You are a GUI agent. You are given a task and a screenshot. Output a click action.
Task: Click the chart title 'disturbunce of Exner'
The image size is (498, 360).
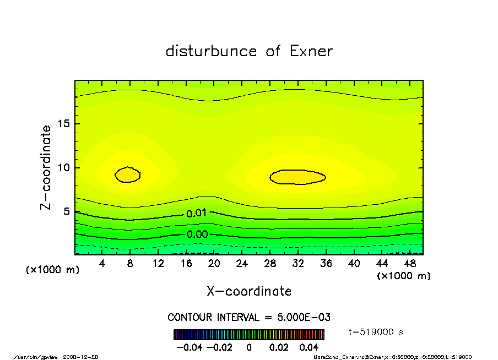[249, 51]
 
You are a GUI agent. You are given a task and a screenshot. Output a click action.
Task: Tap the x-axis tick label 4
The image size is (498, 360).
[102, 264]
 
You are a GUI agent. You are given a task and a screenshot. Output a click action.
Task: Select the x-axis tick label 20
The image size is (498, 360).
[214, 264]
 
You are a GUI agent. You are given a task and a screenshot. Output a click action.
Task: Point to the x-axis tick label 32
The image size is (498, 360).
[298, 264]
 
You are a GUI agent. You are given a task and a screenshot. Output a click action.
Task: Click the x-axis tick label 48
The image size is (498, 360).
[410, 264]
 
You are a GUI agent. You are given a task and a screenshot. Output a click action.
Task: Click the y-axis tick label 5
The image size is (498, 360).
[66, 212]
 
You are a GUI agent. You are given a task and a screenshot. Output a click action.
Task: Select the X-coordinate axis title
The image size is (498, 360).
[249, 291]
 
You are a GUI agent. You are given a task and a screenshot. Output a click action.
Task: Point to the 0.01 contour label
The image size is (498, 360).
[197, 213]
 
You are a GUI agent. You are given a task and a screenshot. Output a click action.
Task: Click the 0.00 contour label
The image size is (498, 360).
[197, 234]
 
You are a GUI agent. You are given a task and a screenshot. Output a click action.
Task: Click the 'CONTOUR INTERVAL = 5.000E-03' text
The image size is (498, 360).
[248, 318]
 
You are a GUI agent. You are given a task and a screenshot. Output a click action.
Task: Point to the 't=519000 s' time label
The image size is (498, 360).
[377, 332]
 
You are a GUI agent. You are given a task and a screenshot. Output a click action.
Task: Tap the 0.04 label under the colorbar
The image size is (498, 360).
[308, 347]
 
